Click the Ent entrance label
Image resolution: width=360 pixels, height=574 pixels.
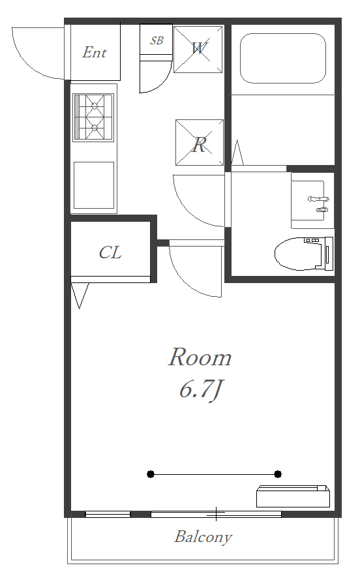coord(95,52)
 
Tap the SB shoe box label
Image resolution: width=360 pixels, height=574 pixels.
coord(157,40)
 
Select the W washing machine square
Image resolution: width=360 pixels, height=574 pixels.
coord(198,50)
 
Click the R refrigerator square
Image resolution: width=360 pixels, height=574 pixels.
coord(200,142)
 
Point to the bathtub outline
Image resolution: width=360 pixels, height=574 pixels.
coord(283,59)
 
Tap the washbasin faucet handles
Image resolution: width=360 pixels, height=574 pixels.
coord(319,204)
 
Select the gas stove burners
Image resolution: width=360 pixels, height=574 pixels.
coord(94,117)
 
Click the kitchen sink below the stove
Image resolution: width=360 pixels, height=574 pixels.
coord(94,185)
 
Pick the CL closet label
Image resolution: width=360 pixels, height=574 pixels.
coord(110,252)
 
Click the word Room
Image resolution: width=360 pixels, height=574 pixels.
coord(200,357)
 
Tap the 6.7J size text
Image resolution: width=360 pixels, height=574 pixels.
coord(201,390)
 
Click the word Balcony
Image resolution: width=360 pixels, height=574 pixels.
coord(203,537)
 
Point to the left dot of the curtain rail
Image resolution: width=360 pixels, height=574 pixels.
coord(151,474)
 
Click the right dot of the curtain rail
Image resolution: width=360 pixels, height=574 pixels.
coord(278,474)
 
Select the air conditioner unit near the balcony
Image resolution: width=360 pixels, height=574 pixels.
coord(293,496)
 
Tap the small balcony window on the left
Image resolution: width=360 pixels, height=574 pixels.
coord(108,515)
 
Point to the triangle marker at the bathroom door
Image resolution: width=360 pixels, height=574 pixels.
coord(237,153)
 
